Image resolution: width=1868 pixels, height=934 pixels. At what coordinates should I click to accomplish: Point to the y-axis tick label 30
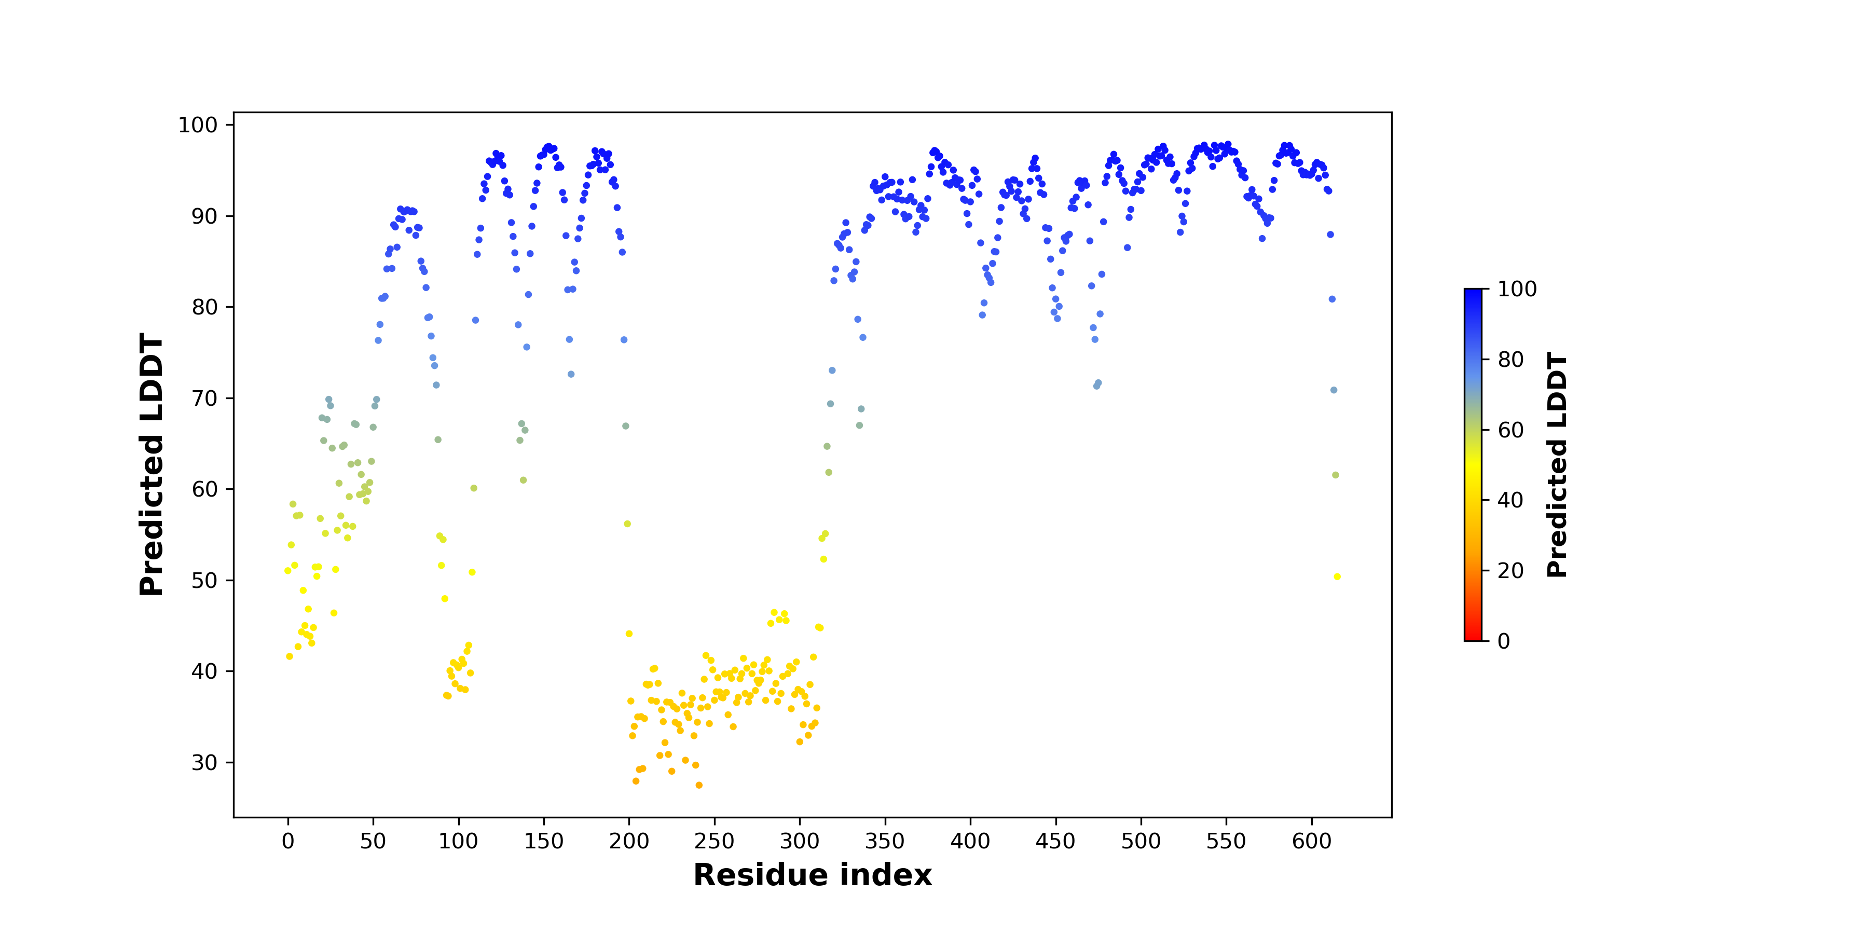click(204, 762)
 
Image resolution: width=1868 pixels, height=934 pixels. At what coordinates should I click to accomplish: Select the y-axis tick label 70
click(204, 398)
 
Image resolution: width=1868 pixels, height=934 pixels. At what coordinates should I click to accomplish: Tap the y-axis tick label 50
click(204, 580)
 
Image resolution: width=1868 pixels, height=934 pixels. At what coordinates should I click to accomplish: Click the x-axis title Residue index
click(812, 875)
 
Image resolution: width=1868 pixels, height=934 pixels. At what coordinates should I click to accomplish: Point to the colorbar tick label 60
click(1510, 430)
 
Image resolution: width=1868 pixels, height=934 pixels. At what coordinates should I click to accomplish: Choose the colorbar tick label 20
click(1510, 571)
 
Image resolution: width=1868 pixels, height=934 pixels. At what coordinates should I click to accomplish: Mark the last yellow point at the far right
click(1337, 576)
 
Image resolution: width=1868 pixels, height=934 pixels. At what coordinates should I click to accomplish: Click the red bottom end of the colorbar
click(1473, 638)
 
